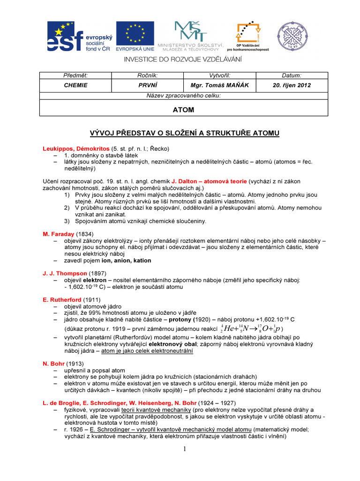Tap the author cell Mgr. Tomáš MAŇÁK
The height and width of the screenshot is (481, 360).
coord(213,85)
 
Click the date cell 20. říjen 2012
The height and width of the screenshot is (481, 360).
coord(292,85)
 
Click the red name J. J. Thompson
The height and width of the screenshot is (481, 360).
coord(65,273)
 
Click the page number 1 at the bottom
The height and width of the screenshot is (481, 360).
coord(185,449)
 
